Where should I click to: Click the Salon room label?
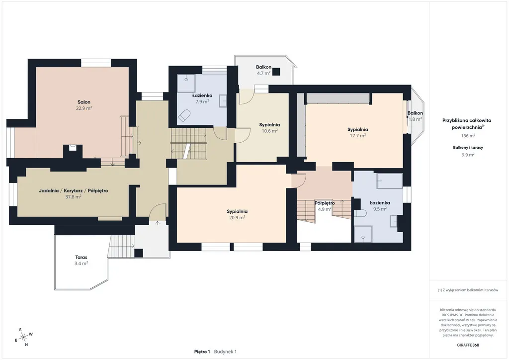tap(84, 102)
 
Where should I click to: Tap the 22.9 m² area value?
tap(84, 108)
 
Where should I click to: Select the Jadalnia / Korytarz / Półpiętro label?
tap(74, 190)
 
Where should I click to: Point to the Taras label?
tap(81, 257)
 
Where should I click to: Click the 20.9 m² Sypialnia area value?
tap(237, 217)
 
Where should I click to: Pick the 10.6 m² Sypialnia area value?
tap(269, 131)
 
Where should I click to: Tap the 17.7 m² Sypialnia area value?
tap(358, 136)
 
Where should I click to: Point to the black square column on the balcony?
tap(276, 72)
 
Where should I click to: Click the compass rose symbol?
tap(23, 338)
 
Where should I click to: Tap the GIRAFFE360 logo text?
tap(468, 345)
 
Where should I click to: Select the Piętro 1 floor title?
tap(202, 352)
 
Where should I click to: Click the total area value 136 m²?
tap(468, 136)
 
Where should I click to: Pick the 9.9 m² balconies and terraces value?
tap(468, 155)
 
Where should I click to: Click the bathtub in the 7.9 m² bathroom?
tap(184, 115)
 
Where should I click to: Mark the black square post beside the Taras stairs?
tap(139, 253)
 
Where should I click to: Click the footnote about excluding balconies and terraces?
tap(468, 290)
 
